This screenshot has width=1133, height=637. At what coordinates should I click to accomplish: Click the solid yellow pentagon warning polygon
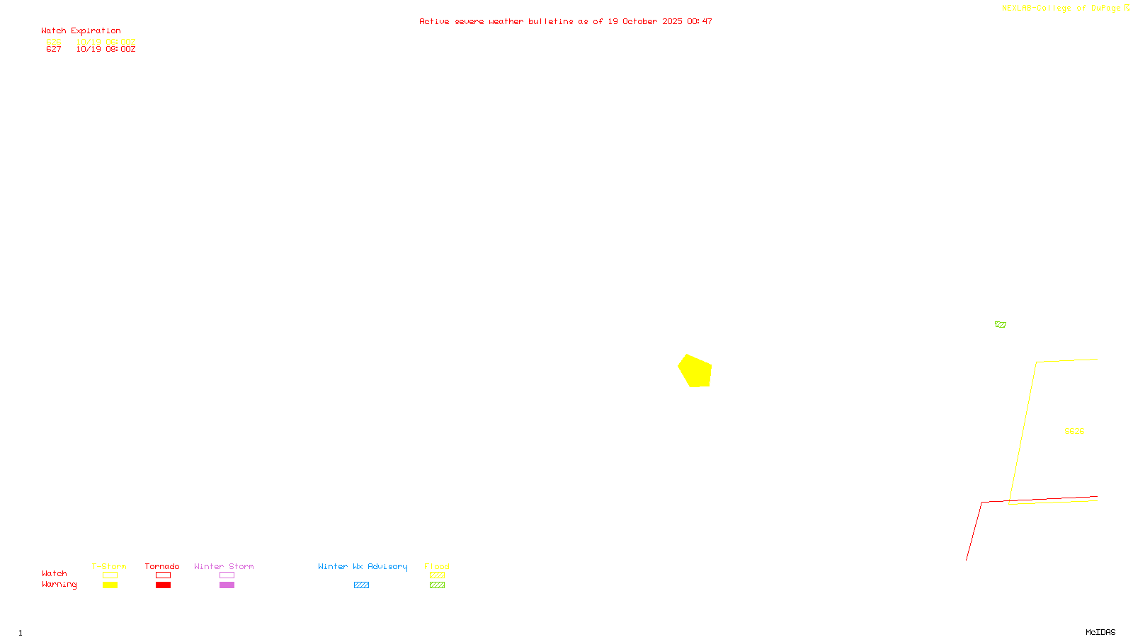[695, 372]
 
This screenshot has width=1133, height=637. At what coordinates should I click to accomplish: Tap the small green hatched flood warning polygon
[1000, 324]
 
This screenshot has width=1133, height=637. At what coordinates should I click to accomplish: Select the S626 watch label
[1074, 431]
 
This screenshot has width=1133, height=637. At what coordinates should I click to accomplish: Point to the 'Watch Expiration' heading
[81, 31]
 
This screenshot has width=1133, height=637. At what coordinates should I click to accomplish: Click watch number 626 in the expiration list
[54, 42]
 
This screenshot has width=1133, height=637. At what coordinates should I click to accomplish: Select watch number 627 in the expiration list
[54, 50]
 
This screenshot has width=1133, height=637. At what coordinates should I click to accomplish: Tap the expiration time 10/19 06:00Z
[106, 42]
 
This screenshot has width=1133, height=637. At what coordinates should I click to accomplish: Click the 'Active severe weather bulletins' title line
[565, 21]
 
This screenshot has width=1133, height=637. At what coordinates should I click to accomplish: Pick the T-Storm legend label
[109, 566]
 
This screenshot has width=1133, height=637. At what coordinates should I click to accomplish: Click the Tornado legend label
[162, 566]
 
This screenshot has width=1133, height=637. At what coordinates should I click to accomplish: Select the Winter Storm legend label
[224, 566]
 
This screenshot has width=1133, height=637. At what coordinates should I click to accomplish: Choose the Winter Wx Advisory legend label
[363, 566]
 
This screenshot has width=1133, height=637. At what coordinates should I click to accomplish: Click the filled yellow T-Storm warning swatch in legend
[110, 585]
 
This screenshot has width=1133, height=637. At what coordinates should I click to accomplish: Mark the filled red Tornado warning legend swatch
[163, 585]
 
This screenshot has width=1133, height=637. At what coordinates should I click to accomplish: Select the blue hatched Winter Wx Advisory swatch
[361, 585]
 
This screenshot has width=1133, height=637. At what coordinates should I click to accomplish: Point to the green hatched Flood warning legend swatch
[437, 585]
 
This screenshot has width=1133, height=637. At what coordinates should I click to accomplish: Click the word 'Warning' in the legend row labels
[59, 585]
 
